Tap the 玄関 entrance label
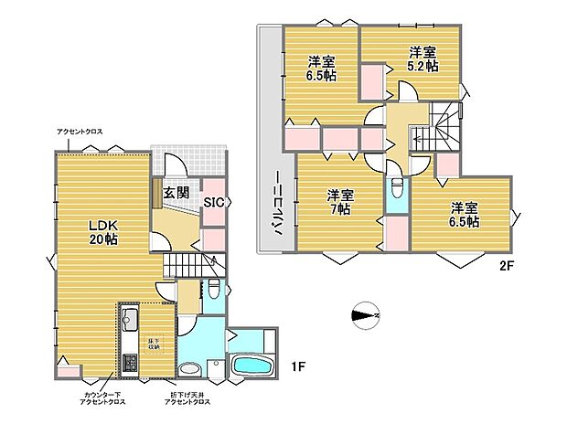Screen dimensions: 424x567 (x=177, y=193)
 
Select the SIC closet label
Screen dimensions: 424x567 (x=213, y=203)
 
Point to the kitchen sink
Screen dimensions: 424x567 (x=128, y=321)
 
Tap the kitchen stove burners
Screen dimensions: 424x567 (x=129, y=364)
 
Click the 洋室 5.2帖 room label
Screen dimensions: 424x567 (x=422, y=58)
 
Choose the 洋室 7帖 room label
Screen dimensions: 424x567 (x=340, y=201)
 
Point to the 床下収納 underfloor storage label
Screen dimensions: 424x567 (x=155, y=344)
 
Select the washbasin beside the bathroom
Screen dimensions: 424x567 (x=190, y=369)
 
